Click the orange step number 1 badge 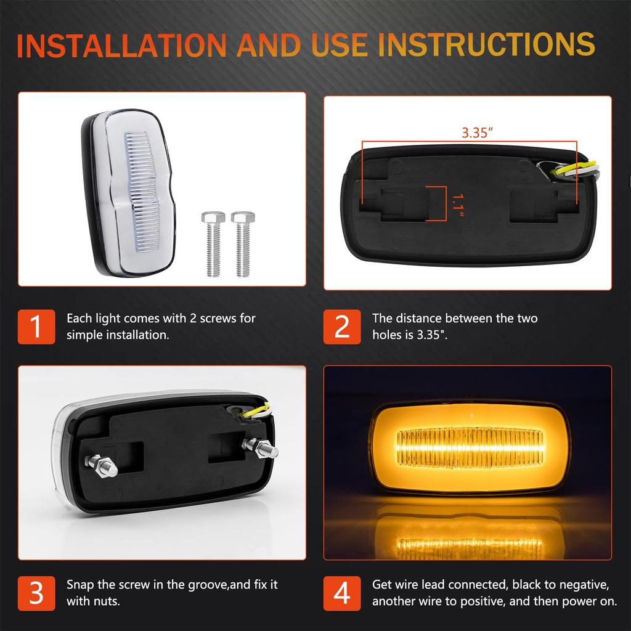point(36,326)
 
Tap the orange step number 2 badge point(342,326)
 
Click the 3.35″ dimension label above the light point(477,132)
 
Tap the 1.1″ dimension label point(456,203)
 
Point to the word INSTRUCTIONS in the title point(486,46)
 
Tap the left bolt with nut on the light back point(102,465)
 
